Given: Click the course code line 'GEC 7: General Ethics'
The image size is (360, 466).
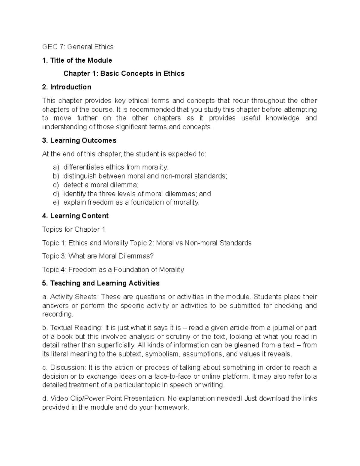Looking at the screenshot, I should click(x=78, y=47).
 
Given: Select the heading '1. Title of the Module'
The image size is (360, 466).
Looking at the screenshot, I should click(x=77, y=60).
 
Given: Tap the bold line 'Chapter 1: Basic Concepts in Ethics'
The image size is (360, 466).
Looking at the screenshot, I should click(x=124, y=74).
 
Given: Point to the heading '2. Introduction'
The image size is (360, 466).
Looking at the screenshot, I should click(x=67, y=87).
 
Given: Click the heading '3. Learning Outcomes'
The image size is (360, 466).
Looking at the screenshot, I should click(x=79, y=140).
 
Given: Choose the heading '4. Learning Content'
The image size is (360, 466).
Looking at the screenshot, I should click(x=75, y=216).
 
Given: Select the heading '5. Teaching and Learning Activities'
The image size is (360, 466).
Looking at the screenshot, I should click(x=101, y=283).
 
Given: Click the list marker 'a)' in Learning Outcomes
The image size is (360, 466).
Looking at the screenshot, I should click(x=56, y=167).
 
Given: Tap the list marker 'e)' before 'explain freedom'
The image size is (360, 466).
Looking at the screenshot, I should click(x=56, y=203).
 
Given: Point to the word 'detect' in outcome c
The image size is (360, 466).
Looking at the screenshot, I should click(x=71, y=185).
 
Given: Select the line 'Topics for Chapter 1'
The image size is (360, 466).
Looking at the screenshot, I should click(x=74, y=230).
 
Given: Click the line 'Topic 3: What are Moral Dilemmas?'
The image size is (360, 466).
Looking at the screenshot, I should click(x=98, y=256).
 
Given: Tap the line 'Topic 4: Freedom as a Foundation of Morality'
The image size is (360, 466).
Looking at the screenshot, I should click(x=113, y=270).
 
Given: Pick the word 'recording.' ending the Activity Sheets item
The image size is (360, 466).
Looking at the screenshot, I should click(x=58, y=314).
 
